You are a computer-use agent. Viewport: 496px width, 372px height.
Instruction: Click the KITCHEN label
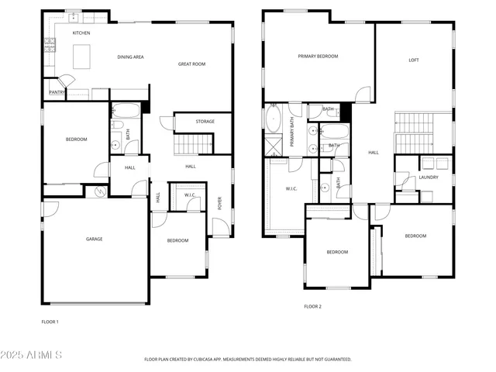(81, 33)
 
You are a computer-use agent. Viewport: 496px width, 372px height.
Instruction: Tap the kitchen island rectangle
(84, 56)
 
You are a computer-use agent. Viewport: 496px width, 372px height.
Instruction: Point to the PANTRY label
(57, 92)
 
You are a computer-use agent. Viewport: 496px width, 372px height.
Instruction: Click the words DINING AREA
(130, 57)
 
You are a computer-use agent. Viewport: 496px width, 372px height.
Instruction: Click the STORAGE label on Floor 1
(205, 122)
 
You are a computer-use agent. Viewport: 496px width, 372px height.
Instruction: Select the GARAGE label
(94, 239)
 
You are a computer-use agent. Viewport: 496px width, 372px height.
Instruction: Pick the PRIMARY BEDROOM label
(318, 57)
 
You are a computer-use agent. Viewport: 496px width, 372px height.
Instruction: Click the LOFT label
(414, 60)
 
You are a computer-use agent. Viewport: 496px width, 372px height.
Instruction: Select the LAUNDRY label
(428, 177)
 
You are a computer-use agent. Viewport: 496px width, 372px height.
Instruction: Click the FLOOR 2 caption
(312, 307)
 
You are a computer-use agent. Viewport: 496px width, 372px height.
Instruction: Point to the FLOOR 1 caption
(50, 321)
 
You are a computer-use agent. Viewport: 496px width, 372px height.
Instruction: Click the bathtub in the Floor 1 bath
(125, 110)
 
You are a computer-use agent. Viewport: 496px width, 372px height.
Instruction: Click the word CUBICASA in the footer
(214, 360)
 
